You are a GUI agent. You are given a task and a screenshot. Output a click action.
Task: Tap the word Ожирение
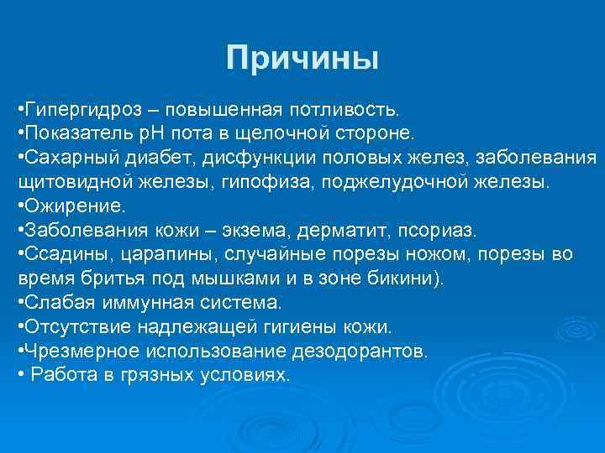[75, 206]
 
